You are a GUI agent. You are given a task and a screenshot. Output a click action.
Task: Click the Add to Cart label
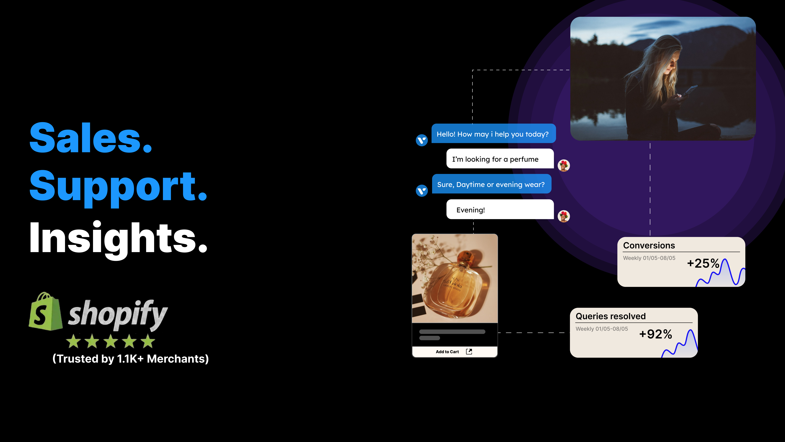(x=447, y=352)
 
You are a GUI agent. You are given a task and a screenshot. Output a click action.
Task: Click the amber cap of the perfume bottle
(x=466, y=258)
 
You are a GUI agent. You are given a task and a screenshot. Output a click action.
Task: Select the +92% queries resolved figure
(x=655, y=334)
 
